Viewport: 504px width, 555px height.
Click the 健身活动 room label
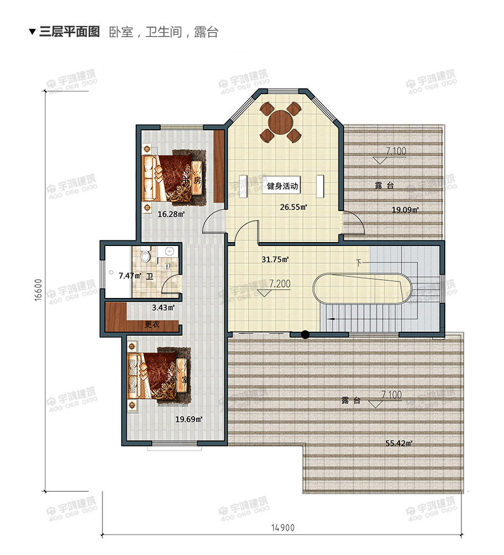(282, 187)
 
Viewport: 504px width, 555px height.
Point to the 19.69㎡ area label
(188, 419)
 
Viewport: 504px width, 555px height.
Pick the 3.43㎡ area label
(163, 307)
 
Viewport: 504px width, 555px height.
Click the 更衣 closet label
(152, 325)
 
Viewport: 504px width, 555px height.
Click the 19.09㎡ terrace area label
(405, 209)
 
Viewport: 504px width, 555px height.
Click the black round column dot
(305, 334)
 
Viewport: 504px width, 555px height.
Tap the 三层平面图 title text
(69, 32)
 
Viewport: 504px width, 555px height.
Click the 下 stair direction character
(359, 261)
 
